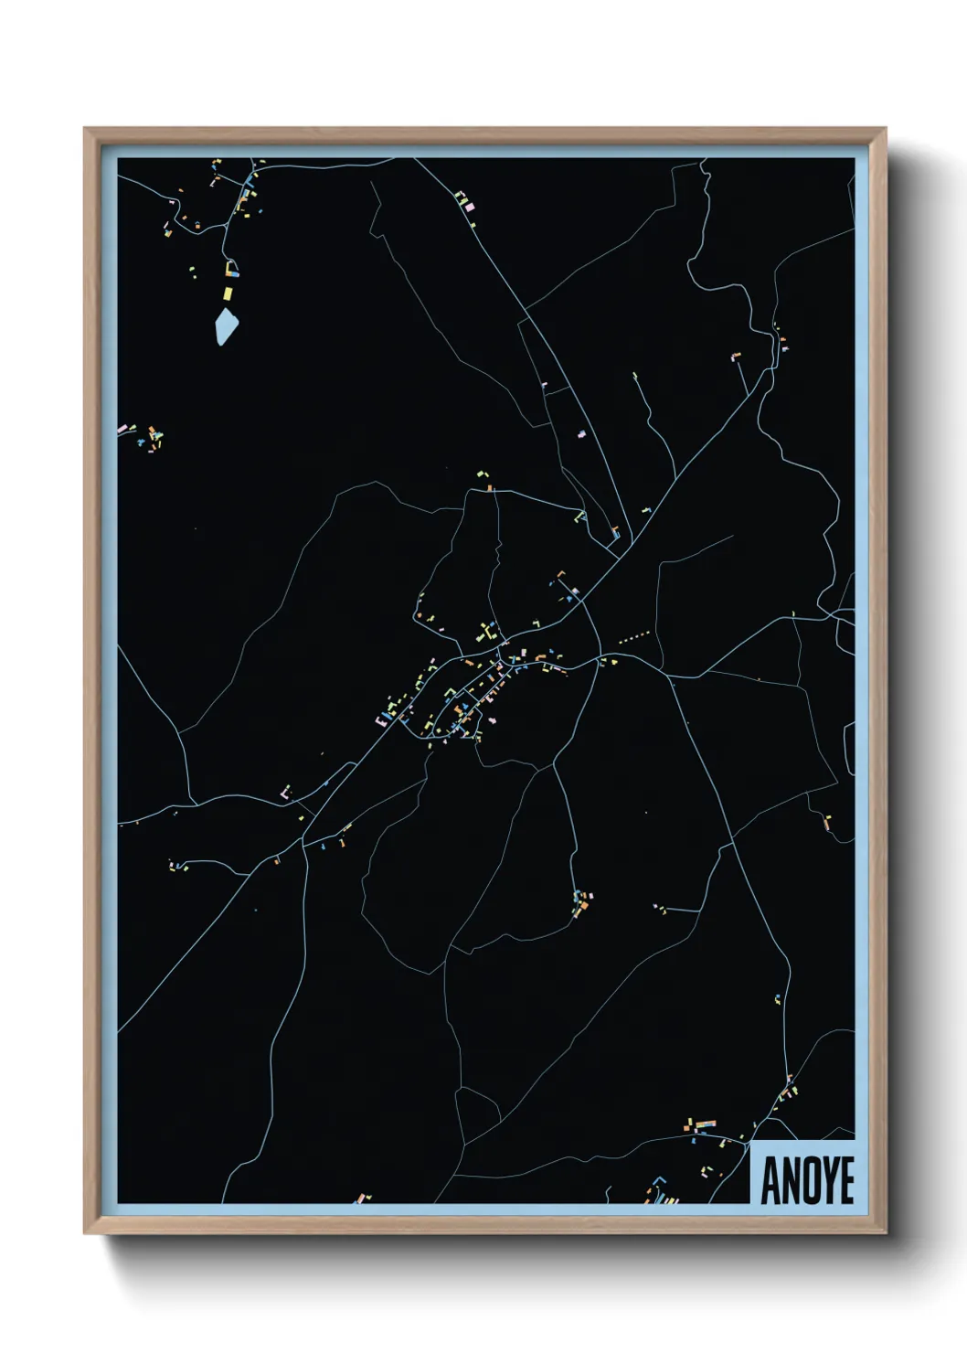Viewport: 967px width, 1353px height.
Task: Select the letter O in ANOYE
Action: (x=808, y=1181)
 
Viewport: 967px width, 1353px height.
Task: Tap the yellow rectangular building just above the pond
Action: (x=228, y=293)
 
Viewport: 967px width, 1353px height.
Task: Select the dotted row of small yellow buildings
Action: (x=634, y=634)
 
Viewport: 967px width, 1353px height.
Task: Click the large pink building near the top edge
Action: (x=471, y=208)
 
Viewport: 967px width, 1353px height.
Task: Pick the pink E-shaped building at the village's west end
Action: (x=379, y=720)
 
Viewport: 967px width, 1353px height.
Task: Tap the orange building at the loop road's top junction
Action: (x=490, y=488)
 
